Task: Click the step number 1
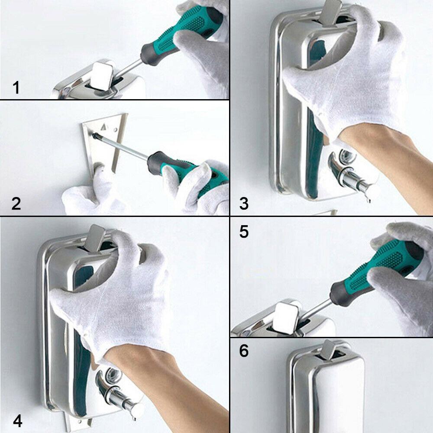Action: (x=16, y=87)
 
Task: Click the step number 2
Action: (x=16, y=204)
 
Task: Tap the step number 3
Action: (x=244, y=204)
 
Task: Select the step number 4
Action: (x=17, y=421)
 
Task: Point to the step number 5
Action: (x=244, y=231)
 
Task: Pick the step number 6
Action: (x=244, y=351)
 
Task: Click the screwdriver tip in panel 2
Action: (x=95, y=135)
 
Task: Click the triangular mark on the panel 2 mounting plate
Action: (x=104, y=127)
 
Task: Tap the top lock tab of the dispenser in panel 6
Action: (x=329, y=350)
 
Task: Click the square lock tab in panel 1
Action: (x=102, y=76)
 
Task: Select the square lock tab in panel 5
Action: (x=286, y=317)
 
